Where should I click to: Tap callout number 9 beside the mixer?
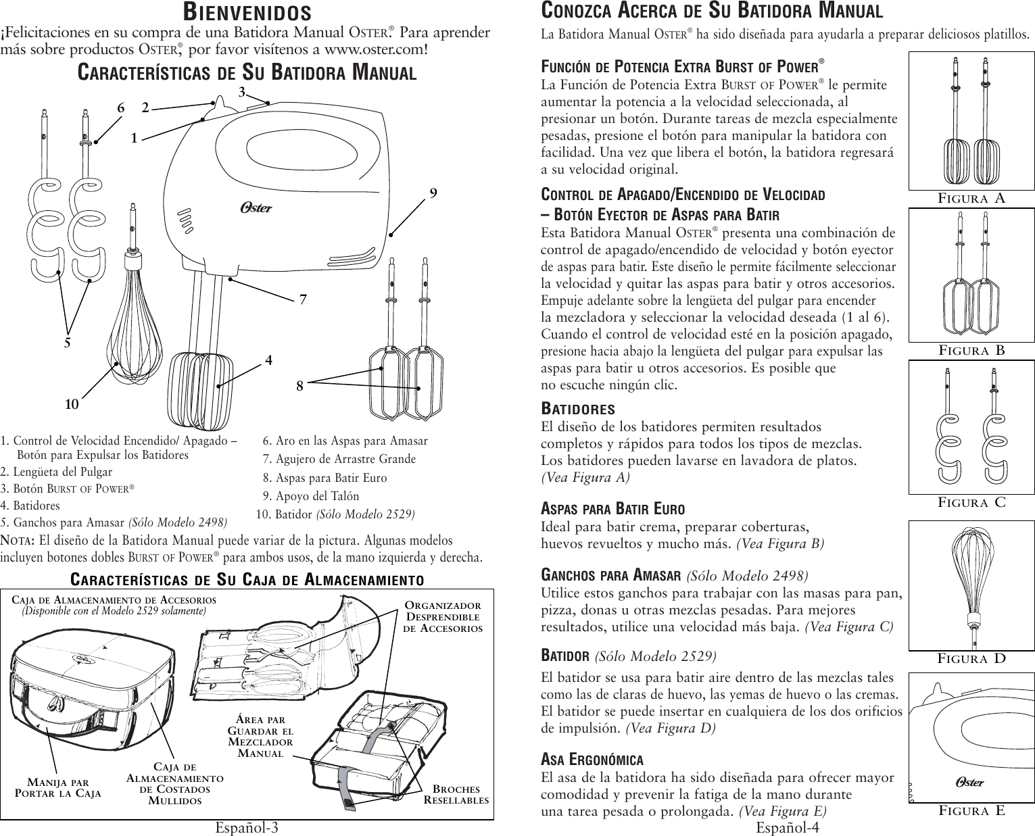434,193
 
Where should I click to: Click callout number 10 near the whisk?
72,404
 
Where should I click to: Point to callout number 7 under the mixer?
304,298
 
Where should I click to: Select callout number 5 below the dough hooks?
67,342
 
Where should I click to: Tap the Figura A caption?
971,198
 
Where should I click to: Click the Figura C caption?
971,502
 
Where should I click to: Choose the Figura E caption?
971,810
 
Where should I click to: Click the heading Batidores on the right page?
578,410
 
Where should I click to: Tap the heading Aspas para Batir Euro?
613,509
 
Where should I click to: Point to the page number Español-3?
247,828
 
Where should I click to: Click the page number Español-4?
788,828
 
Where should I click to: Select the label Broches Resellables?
456,794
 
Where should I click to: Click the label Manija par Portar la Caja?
58,787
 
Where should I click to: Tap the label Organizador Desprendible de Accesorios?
443,616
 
